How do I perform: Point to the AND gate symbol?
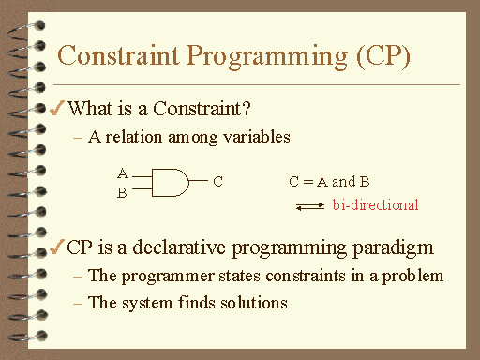point(169,182)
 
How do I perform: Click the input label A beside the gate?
point(122,173)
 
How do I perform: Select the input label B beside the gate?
point(122,193)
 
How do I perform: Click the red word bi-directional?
point(375,204)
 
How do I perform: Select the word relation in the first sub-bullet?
point(129,137)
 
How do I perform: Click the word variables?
point(258,137)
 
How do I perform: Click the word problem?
point(415,277)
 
